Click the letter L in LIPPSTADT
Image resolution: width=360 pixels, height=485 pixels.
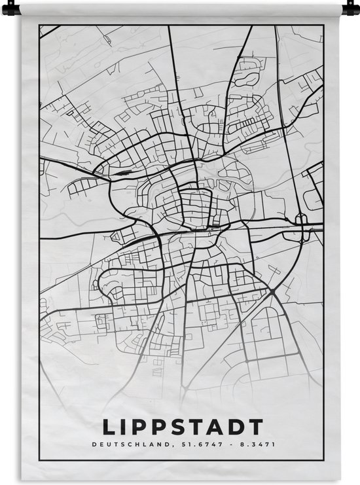(109, 427)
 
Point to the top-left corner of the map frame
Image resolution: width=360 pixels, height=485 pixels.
(39, 26)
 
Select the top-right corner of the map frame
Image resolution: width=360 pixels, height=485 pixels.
(323, 26)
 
